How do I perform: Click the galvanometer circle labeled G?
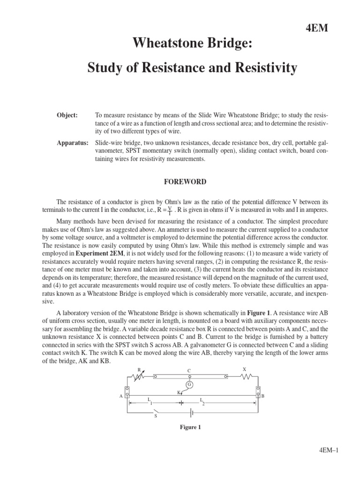point(190,385)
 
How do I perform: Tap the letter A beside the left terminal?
point(121,396)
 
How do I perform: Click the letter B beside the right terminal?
point(262,396)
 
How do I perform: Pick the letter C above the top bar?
point(189,370)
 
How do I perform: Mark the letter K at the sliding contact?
point(179,392)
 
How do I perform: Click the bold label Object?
point(67,115)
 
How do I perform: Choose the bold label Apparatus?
point(73,142)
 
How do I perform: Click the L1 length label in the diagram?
point(150,401)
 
